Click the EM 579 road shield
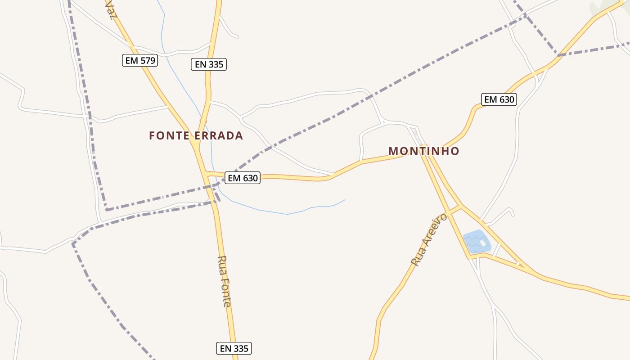tap(140, 60)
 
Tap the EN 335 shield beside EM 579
tap(208, 64)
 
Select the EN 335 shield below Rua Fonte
tap(234, 348)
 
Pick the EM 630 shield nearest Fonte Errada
tap(243, 178)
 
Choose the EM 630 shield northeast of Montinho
tap(499, 99)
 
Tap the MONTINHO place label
tap(423, 151)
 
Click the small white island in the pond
tap(483, 243)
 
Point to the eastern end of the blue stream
tap(345, 200)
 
